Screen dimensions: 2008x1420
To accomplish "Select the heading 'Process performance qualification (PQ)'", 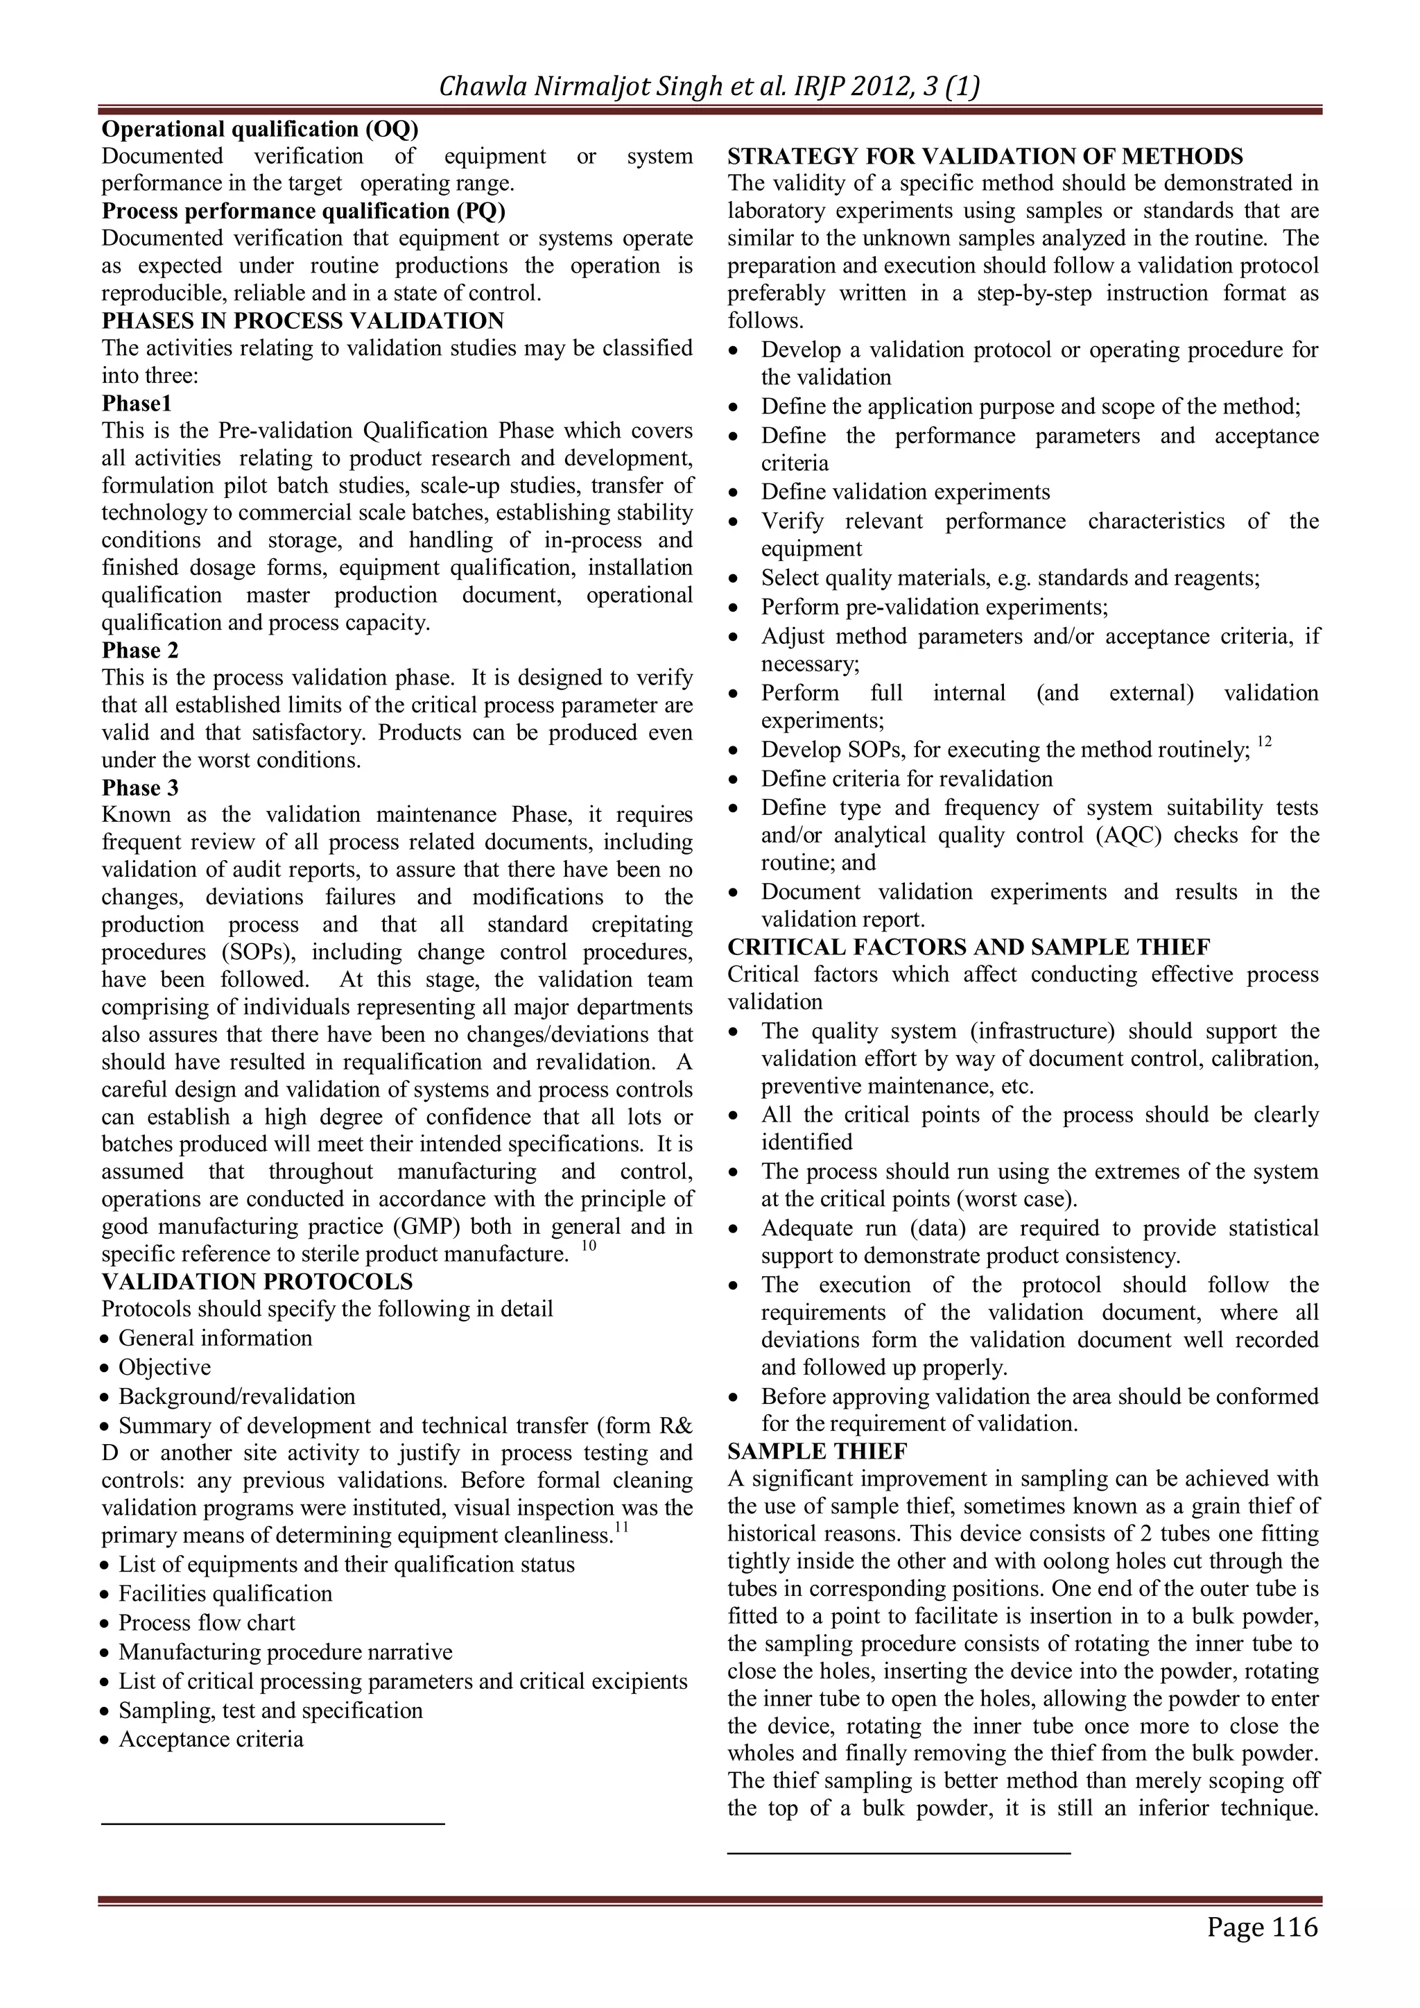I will pos(304,211).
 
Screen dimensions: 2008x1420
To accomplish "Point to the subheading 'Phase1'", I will pos(137,403).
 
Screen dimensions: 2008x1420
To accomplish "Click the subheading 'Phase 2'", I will pos(140,650).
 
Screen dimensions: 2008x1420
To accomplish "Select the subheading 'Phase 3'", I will pos(140,787).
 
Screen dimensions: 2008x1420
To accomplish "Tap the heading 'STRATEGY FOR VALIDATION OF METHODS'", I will pos(985,157).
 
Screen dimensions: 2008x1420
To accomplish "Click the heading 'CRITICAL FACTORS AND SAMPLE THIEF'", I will pos(968,947).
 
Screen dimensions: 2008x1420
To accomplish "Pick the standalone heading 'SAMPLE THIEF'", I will pos(817,1451).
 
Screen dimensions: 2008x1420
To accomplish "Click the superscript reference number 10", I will pos(589,1246).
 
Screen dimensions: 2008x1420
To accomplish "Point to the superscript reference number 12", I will pos(1263,741).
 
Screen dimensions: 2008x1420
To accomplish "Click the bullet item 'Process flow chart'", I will pos(207,1622).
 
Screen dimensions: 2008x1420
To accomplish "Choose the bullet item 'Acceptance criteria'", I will pos(211,1739).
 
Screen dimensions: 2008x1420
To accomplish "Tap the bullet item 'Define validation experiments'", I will pos(905,492).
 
